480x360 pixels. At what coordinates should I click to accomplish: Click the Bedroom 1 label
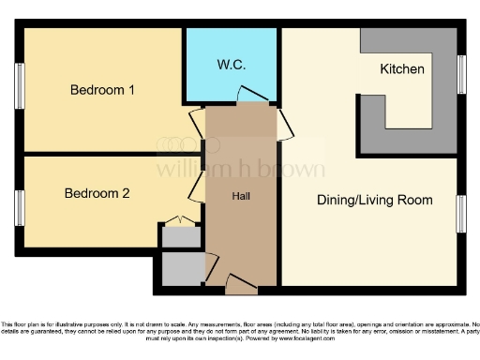tap(102, 91)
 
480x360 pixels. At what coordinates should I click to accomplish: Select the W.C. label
tap(231, 65)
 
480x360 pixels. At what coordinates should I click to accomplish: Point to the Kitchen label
tap(401, 69)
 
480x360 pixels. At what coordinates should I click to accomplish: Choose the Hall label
tap(241, 196)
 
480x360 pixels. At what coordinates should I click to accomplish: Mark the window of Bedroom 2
tap(19, 207)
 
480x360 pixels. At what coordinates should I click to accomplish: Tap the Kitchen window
tap(461, 74)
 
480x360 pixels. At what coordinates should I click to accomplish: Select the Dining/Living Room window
tap(461, 214)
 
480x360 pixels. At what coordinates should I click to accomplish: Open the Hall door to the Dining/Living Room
tap(282, 122)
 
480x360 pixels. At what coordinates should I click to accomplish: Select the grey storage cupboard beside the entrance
tap(181, 268)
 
